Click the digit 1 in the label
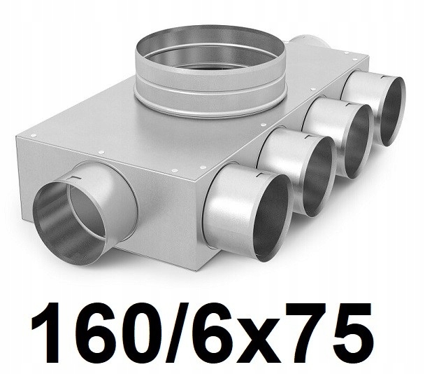[46, 333]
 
